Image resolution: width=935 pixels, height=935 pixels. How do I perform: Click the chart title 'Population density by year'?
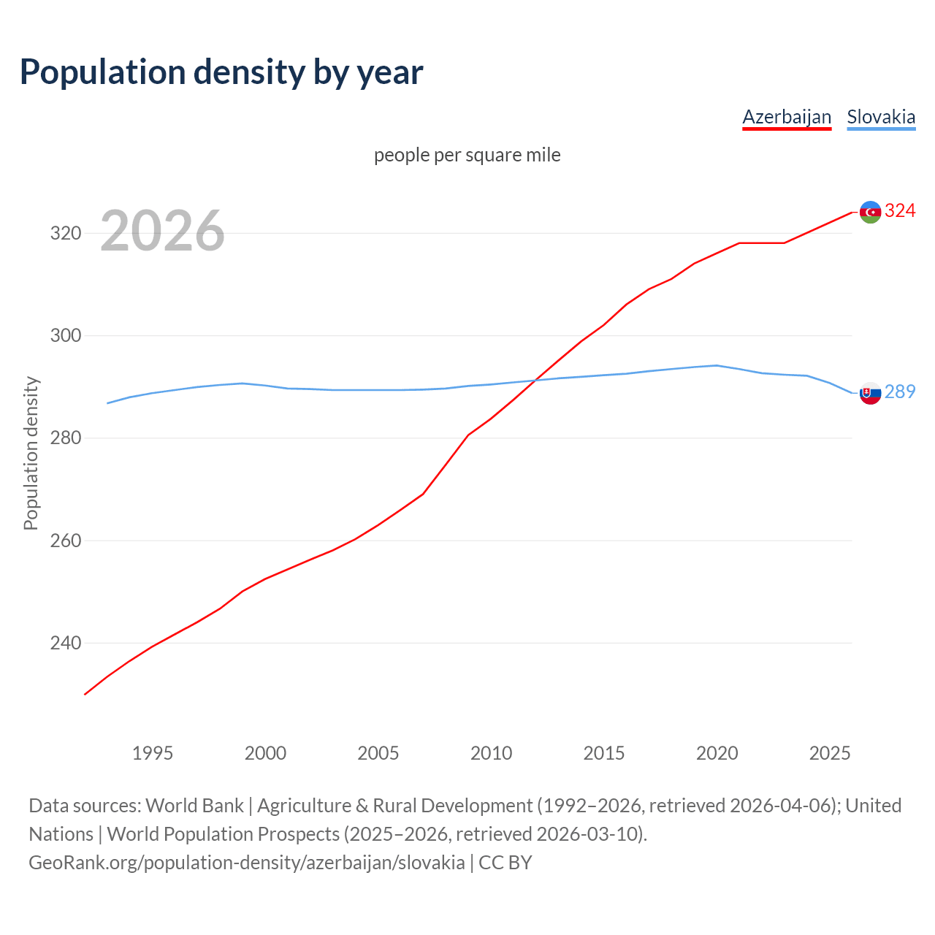click(x=221, y=72)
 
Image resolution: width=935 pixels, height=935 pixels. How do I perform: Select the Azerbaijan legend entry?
click(x=787, y=117)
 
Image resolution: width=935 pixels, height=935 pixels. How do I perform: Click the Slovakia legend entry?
click(x=881, y=117)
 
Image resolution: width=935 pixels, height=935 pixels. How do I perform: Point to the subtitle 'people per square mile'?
click(x=467, y=155)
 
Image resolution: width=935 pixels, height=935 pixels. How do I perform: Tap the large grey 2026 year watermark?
click(x=162, y=231)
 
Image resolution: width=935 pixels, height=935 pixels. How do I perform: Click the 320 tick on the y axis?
click(x=65, y=234)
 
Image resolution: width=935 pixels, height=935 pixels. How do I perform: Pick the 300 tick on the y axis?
click(x=65, y=336)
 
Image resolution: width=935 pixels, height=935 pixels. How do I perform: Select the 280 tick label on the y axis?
click(x=65, y=438)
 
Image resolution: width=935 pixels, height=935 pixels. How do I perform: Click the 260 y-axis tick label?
click(x=65, y=541)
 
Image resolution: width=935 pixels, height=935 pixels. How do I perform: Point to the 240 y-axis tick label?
click(x=65, y=644)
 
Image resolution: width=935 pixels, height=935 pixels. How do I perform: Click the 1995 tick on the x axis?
click(x=153, y=753)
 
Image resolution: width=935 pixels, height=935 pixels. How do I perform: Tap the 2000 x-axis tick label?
click(x=265, y=753)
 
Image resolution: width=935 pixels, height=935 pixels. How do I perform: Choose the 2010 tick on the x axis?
click(x=491, y=753)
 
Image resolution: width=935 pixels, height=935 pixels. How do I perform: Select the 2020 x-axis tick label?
click(x=717, y=753)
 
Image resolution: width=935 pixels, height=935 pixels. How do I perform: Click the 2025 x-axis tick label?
click(x=830, y=753)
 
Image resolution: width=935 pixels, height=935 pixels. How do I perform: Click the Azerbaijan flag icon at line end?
click(x=870, y=212)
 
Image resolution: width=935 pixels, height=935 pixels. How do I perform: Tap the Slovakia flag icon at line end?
click(x=870, y=393)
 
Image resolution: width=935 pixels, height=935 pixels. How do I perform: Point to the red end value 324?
click(x=900, y=211)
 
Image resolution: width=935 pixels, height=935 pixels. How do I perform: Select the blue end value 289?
click(x=900, y=392)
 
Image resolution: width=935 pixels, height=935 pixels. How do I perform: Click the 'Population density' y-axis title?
click(x=31, y=453)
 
